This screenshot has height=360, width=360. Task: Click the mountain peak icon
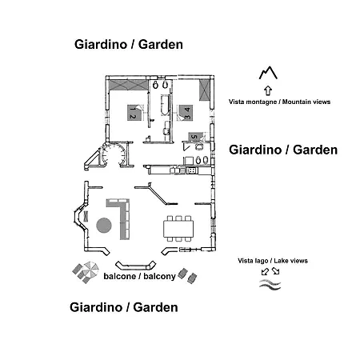(268, 73)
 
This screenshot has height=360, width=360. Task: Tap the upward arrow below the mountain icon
(268, 90)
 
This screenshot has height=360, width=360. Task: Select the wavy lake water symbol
(270, 285)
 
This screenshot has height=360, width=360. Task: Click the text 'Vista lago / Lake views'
(273, 261)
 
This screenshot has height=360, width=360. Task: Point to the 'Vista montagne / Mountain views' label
(279, 102)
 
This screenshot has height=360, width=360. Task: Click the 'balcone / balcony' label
(139, 276)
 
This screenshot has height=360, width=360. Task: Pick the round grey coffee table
(104, 226)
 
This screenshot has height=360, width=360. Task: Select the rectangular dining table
(178, 229)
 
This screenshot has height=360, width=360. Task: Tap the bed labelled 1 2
(134, 113)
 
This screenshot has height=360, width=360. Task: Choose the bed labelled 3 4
(186, 113)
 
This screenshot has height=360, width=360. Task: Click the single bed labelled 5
(195, 137)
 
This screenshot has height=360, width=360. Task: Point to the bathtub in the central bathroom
(165, 105)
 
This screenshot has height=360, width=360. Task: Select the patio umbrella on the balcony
(90, 270)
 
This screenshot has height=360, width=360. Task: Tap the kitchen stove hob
(192, 170)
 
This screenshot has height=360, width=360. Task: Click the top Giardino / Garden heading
(129, 44)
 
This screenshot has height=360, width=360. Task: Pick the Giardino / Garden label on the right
(283, 150)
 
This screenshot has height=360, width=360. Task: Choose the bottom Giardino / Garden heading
(124, 307)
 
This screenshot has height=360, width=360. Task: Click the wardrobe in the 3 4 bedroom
(205, 90)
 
